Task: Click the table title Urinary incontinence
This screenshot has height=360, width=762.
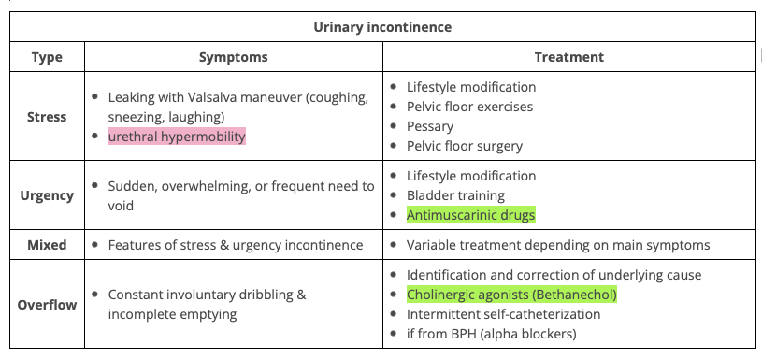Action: click(382, 27)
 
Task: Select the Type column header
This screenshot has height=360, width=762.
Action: click(47, 57)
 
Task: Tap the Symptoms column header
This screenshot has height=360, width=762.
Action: click(233, 57)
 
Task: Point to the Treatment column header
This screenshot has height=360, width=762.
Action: click(569, 57)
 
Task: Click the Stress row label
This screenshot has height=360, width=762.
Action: click(47, 117)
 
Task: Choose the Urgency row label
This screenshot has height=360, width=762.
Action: click(47, 195)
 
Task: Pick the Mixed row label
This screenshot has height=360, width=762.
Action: click(47, 245)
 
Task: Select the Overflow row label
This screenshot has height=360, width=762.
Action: click(47, 305)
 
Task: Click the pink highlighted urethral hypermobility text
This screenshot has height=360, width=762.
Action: click(177, 137)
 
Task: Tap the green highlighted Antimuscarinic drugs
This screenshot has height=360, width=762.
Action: click(471, 215)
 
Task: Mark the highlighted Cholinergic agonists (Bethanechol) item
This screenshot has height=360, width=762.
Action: click(511, 295)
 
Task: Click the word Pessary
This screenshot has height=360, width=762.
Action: click(430, 127)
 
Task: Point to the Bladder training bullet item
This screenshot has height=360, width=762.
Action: click(456, 195)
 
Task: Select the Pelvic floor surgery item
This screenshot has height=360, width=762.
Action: click(465, 146)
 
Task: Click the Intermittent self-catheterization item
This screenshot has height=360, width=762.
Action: click(503, 314)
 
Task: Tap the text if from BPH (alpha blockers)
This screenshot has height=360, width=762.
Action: click(491, 334)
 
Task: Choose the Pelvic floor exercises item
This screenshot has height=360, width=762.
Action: click(470, 107)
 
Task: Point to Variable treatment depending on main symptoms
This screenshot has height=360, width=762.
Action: click(558, 245)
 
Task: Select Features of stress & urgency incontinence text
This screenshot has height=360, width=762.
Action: click(236, 245)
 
